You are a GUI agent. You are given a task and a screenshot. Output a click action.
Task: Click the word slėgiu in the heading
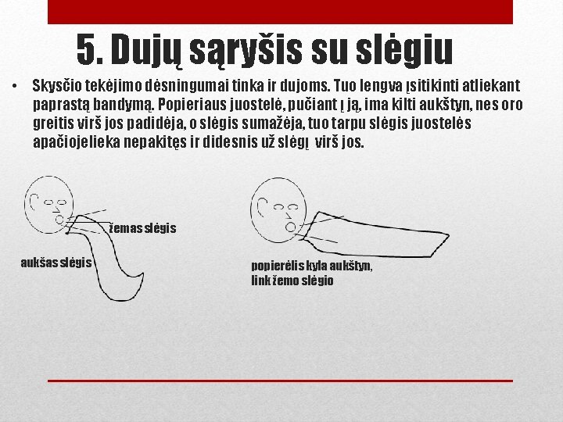click(x=404, y=49)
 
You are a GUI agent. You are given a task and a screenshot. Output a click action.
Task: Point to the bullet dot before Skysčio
click(x=14, y=86)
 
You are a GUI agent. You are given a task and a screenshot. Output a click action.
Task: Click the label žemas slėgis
click(x=142, y=228)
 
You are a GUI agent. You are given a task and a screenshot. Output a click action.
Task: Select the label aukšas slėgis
click(x=56, y=263)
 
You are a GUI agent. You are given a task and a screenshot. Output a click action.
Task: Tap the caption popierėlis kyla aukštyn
click(x=312, y=266)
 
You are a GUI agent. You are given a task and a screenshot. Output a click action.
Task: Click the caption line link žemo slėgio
click(x=292, y=281)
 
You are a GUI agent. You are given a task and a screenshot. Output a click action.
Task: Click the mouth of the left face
click(x=59, y=220)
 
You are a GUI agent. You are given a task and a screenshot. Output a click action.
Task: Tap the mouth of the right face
click(x=290, y=227)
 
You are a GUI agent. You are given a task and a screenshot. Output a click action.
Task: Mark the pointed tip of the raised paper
click(x=449, y=235)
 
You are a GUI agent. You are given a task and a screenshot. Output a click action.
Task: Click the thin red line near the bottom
click(x=280, y=381)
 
